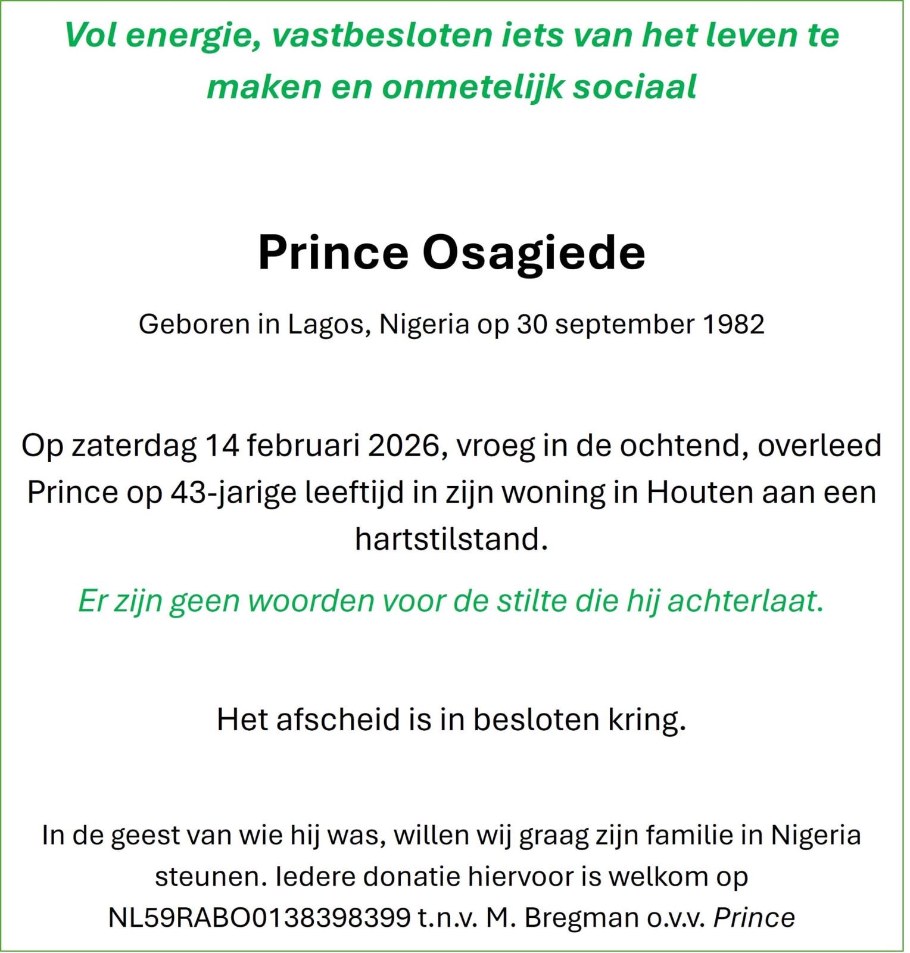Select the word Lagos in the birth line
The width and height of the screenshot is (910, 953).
pyautogui.click(x=326, y=325)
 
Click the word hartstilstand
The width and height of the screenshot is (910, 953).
pyautogui.click(x=451, y=539)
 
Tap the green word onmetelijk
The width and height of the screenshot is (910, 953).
pyautogui.click(x=473, y=88)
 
